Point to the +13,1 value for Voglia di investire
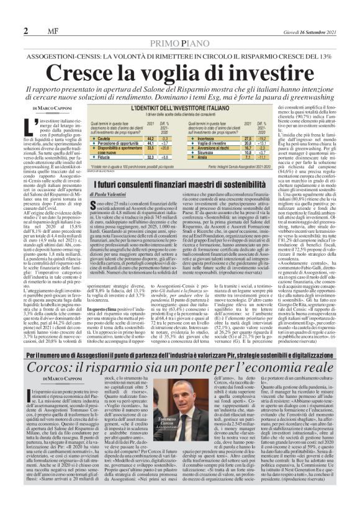point(280,144)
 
